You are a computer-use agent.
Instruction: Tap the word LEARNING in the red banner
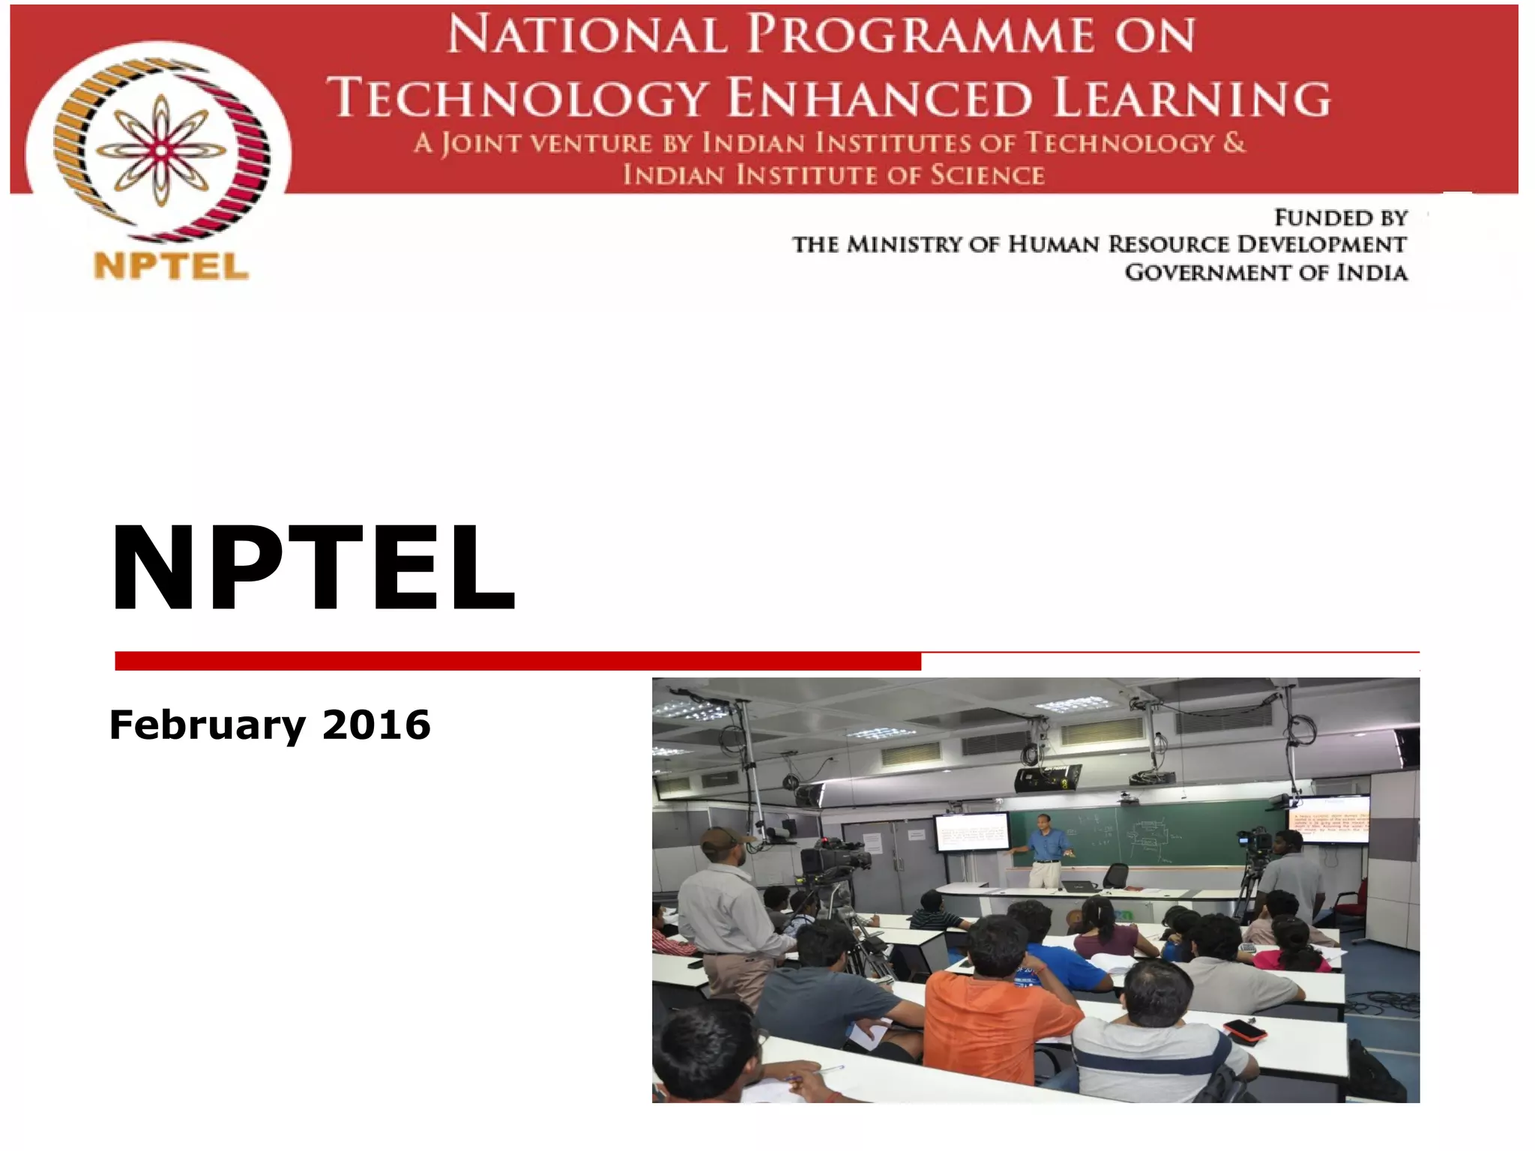click(x=1192, y=98)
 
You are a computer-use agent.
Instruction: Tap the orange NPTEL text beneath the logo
click(x=171, y=267)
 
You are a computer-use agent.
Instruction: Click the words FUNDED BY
click(x=1340, y=218)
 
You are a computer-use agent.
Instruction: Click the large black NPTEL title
click(x=312, y=567)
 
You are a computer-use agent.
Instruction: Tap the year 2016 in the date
click(x=376, y=725)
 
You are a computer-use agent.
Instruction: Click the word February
click(x=208, y=725)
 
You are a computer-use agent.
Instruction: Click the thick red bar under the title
click(x=517, y=661)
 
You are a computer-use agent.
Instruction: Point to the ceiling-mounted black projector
click(x=1047, y=779)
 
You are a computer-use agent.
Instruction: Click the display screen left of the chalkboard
click(x=972, y=832)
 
